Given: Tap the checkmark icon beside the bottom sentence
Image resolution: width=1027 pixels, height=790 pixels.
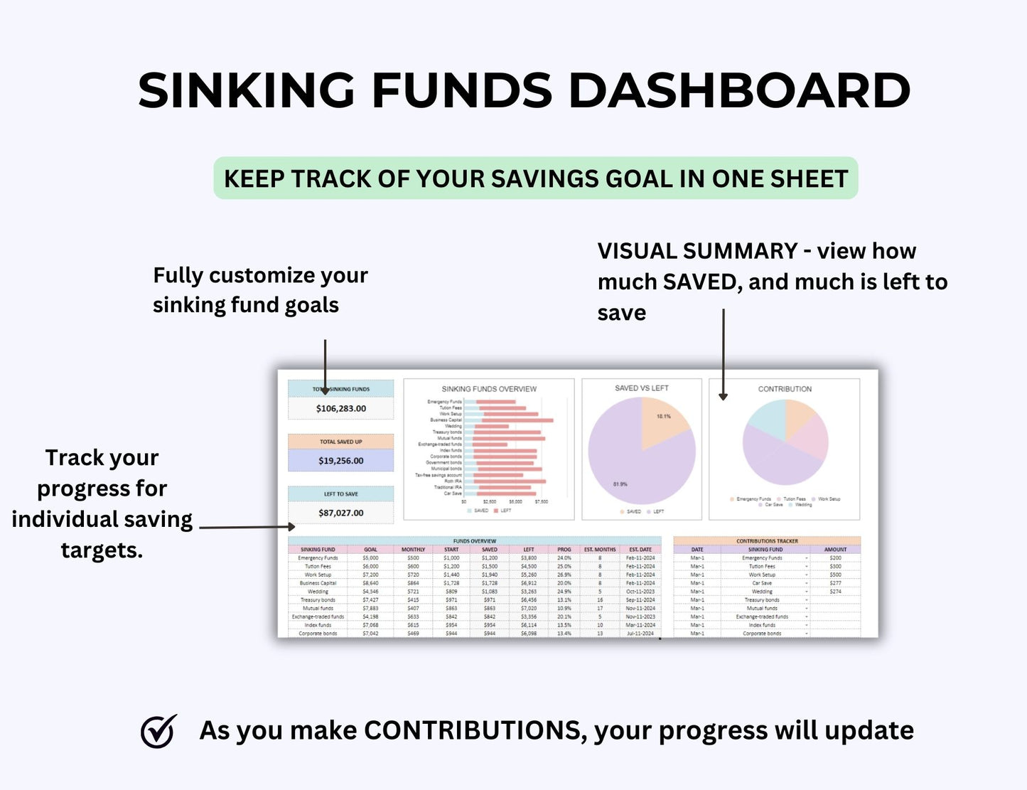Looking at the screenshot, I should tap(158, 731).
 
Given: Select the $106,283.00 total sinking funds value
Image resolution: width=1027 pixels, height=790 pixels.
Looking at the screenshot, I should tap(341, 409).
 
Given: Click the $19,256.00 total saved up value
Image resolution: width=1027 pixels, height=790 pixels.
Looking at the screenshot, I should tap(341, 461).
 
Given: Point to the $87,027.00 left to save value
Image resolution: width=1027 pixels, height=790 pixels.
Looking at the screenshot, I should tap(341, 513).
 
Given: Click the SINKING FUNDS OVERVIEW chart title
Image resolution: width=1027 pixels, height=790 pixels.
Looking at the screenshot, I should tap(489, 389).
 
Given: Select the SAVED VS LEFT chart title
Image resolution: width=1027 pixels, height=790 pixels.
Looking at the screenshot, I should tap(642, 388).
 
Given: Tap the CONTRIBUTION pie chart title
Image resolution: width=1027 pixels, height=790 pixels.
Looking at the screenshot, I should tap(785, 389).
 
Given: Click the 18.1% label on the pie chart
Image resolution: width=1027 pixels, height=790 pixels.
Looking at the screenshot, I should tap(663, 416).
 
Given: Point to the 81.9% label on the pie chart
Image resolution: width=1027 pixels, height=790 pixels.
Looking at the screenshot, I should tap(620, 484).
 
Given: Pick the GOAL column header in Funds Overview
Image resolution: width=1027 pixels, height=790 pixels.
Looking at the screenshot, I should tap(370, 550).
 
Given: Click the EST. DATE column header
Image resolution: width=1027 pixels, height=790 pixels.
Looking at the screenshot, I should tap(640, 550).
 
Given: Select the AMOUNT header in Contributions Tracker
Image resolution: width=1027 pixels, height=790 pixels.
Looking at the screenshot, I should tap(835, 550).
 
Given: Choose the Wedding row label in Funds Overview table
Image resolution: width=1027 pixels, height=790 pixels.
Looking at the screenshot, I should tap(318, 592).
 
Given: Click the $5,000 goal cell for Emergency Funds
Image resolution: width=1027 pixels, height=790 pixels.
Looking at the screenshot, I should tap(370, 558).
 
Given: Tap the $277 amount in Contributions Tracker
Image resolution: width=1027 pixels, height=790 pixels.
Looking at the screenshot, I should tap(835, 583).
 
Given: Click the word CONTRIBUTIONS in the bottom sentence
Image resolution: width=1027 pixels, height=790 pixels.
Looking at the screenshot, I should tap(475, 731).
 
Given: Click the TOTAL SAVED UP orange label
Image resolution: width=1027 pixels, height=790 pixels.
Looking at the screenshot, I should tap(341, 442).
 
